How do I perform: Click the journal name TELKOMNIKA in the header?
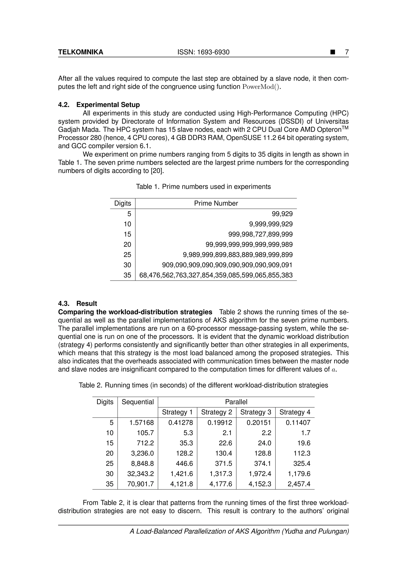(80, 52)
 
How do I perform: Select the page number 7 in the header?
(347, 52)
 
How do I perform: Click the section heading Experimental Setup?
(108, 105)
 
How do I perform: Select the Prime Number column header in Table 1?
(216, 203)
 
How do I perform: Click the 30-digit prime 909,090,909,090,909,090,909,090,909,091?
(227, 265)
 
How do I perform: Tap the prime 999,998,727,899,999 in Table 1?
(260, 234)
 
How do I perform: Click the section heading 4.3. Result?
(78, 304)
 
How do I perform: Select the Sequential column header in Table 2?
(138, 402)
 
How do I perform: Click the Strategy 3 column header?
(256, 412)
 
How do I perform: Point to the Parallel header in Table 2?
(236, 402)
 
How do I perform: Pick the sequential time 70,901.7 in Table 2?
(141, 484)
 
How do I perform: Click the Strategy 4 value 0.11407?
(298, 422)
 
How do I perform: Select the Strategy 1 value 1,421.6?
(182, 474)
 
